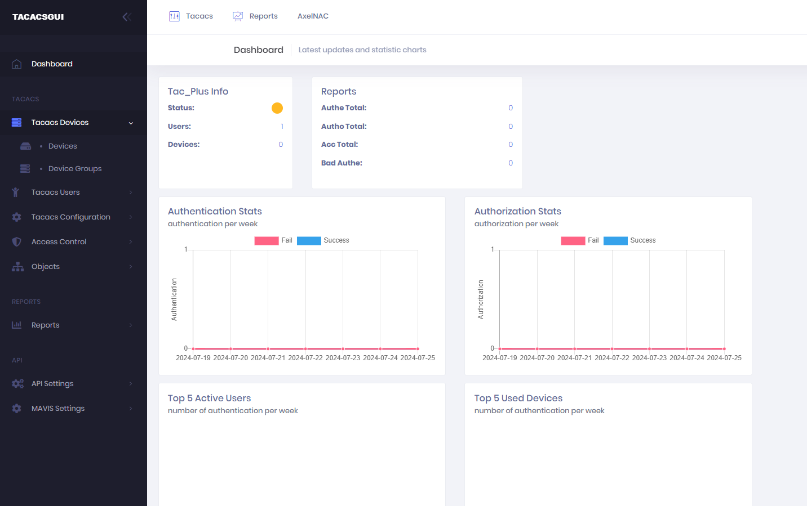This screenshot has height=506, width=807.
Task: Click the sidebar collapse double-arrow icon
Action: (127, 17)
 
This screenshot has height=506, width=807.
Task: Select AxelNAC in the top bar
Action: (313, 16)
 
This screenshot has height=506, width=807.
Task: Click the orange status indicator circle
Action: (277, 108)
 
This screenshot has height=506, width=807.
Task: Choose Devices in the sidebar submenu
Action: (63, 146)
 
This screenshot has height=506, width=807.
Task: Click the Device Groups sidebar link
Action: (75, 168)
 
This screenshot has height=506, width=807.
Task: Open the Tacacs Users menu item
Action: (55, 192)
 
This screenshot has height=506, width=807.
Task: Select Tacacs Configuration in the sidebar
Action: (70, 217)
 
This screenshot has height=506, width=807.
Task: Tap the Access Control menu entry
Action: (59, 242)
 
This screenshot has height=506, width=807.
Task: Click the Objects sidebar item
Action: (46, 267)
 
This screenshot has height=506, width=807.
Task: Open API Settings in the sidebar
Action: (52, 384)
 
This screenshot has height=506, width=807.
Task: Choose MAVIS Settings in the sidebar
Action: (57, 409)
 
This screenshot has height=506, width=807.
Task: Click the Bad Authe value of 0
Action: (511, 163)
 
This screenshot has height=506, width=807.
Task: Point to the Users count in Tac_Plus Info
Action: (282, 126)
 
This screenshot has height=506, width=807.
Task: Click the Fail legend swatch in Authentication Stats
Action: (266, 240)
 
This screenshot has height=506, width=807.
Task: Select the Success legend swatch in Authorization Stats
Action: (615, 240)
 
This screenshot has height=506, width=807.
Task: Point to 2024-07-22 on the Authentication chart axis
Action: (305, 358)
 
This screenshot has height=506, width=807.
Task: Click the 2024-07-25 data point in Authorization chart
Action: (724, 349)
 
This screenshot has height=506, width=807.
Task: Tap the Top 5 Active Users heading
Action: (209, 398)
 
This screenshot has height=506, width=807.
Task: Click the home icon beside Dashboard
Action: (16, 64)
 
